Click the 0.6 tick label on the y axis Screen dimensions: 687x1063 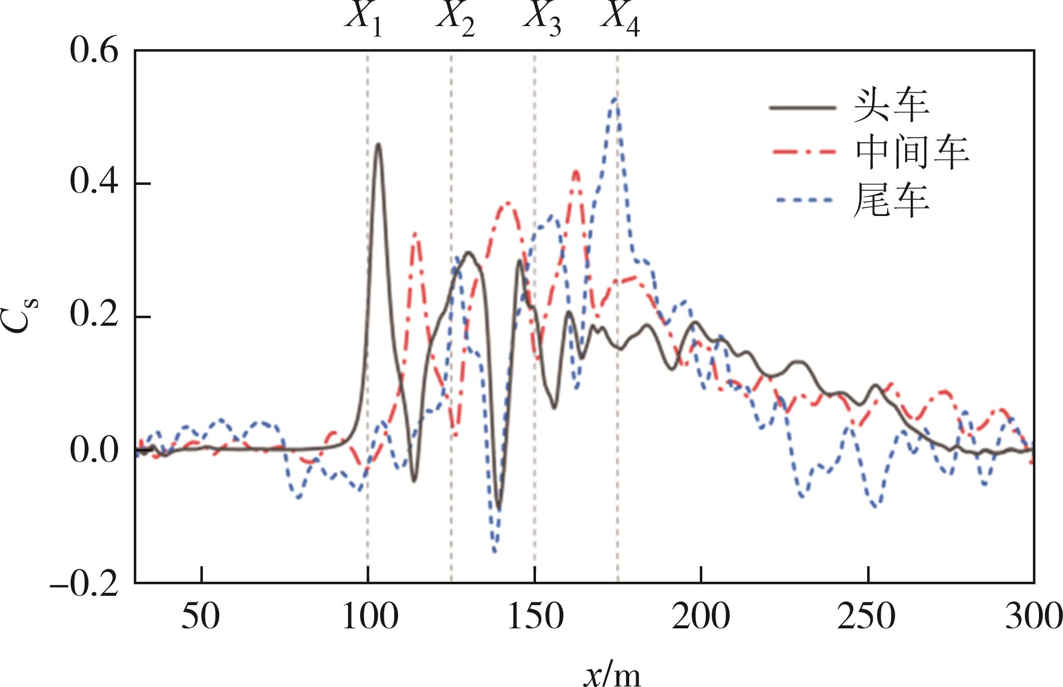click(94, 51)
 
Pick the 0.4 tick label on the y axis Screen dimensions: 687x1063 click(94, 181)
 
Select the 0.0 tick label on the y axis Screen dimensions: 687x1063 click(94, 449)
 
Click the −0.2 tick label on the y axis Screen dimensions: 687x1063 click(84, 583)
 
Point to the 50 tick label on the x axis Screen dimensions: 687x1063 click(200, 616)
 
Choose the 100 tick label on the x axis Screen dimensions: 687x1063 click(370, 616)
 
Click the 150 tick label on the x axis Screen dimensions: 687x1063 click(535, 616)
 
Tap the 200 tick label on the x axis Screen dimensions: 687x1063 click(701, 616)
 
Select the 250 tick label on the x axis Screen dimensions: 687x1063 click(866, 616)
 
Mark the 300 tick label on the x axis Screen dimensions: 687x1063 click(1033, 616)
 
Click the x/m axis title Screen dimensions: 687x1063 click(612, 674)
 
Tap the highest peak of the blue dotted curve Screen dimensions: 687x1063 click(615, 99)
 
